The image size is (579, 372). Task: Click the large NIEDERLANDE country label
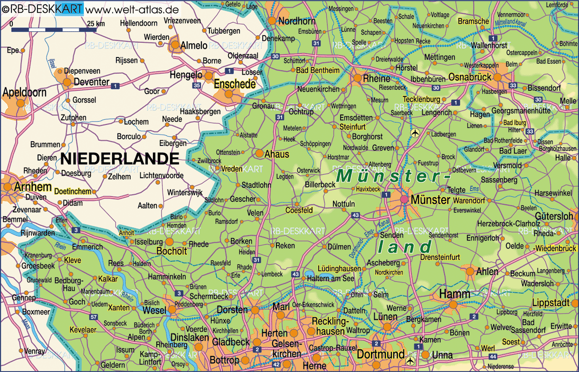coord(120,159)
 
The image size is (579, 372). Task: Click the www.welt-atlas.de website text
coord(133,9)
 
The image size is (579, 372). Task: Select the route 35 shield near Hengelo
coord(197,86)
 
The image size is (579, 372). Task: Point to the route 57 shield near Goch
coord(94,317)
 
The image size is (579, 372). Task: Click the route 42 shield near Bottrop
coord(262,364)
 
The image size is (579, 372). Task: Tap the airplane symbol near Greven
coord(416,132)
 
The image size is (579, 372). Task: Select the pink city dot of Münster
coord(404,200)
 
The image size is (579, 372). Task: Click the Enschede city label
coord(235,84)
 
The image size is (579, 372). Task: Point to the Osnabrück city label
coord(470,77)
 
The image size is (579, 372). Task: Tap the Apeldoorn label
coord(24,92)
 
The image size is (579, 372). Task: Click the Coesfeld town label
coord(299,210)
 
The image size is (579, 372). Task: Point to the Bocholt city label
coord(171,252)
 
